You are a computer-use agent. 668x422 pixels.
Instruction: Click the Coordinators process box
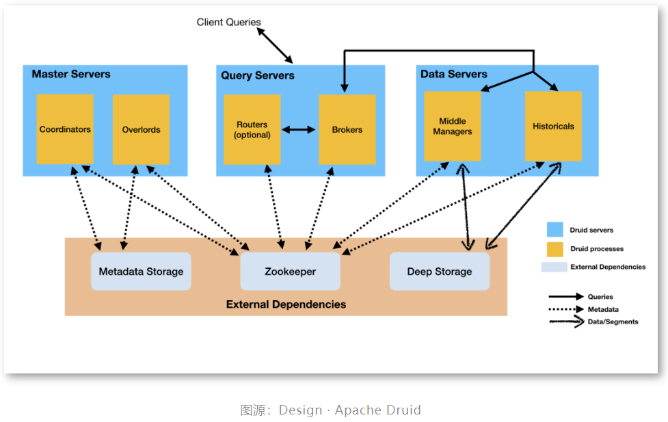tap(65, 129)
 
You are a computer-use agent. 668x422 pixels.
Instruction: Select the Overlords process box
tap(141, 129)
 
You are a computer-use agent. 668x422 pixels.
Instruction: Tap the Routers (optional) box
tap(252, 129)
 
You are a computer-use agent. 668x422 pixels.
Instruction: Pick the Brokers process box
tap(347, 129)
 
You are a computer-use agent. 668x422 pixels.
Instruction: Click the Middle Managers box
tap(453, 127)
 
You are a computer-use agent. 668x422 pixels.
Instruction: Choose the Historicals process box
tap(553, 126)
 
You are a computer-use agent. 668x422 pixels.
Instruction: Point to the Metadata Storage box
tap(141, 272)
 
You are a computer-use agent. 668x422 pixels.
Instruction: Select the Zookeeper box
tap(291, 272)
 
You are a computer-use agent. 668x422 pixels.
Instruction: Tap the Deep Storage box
tap(440, 272)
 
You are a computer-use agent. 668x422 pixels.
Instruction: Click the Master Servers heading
tap(71, 74)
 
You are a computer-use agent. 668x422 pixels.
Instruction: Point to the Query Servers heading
tap(258, 75)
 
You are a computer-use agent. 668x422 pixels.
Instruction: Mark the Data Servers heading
tap(454, 74)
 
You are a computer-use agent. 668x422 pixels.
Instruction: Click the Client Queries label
tap(229, 22)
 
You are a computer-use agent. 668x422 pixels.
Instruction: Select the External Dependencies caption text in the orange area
tap(286, 304)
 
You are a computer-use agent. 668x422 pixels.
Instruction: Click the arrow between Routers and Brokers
tap(299, 129)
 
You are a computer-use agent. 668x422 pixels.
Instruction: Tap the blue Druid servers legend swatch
tap(555, 230)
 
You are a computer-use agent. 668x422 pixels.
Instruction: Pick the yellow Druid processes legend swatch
tap(555, 248)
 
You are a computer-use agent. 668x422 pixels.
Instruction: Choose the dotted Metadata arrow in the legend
tap(565, 309)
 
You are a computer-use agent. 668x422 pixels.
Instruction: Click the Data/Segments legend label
tap(613, 321)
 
